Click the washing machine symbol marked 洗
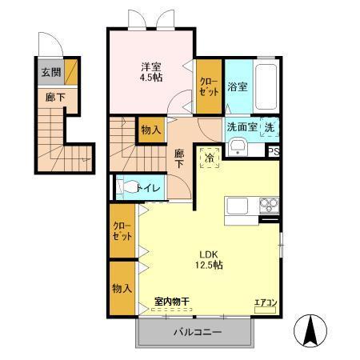point(270,127)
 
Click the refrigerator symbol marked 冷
point(209,158)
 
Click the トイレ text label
point(150,189)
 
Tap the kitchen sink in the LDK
point(239,206)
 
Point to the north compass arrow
point(310,329)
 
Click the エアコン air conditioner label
point(266,302)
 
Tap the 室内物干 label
point(171,302)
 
